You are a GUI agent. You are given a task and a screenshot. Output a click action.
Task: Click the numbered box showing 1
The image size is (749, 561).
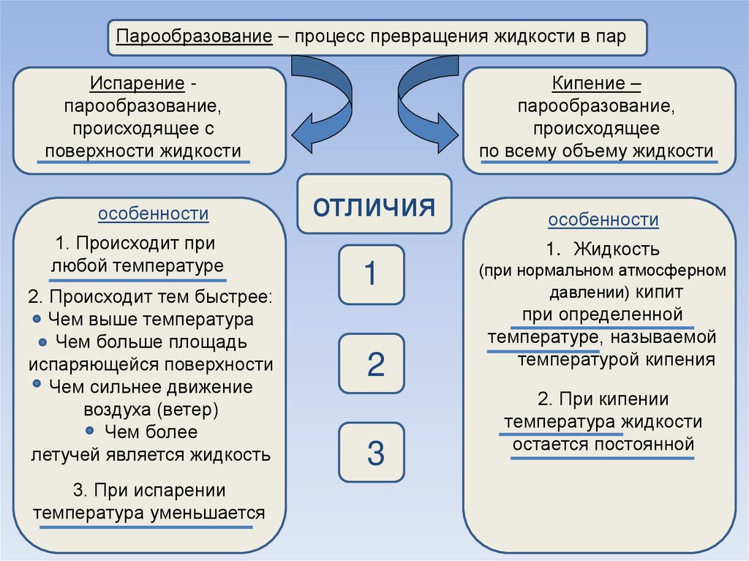(x=371, y=274)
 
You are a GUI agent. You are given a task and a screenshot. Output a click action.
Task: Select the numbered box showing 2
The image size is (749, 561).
(x=371, y=364)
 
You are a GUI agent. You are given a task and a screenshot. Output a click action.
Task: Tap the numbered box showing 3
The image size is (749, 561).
(x=371, y=453)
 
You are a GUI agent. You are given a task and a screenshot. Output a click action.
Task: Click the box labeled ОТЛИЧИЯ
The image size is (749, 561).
(x=374, y=205)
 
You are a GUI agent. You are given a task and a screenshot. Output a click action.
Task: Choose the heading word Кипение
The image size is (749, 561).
(x=592, y=84)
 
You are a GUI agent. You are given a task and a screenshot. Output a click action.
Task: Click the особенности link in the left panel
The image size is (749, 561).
(x=154, y=214)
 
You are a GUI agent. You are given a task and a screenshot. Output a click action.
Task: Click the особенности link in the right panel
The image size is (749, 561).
(x=603, y=219)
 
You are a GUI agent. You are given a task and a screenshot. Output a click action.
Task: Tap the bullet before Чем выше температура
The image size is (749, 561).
(x=37, y=320)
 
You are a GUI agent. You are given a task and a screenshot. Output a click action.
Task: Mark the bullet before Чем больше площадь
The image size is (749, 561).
(x=43, y=342)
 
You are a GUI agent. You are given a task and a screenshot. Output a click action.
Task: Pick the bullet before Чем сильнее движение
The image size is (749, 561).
(x=37, y=385)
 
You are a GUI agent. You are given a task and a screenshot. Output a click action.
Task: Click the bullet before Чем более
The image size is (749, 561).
(x=89, y=431)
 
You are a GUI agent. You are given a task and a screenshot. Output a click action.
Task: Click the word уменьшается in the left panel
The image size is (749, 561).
(x=208, y=511)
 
